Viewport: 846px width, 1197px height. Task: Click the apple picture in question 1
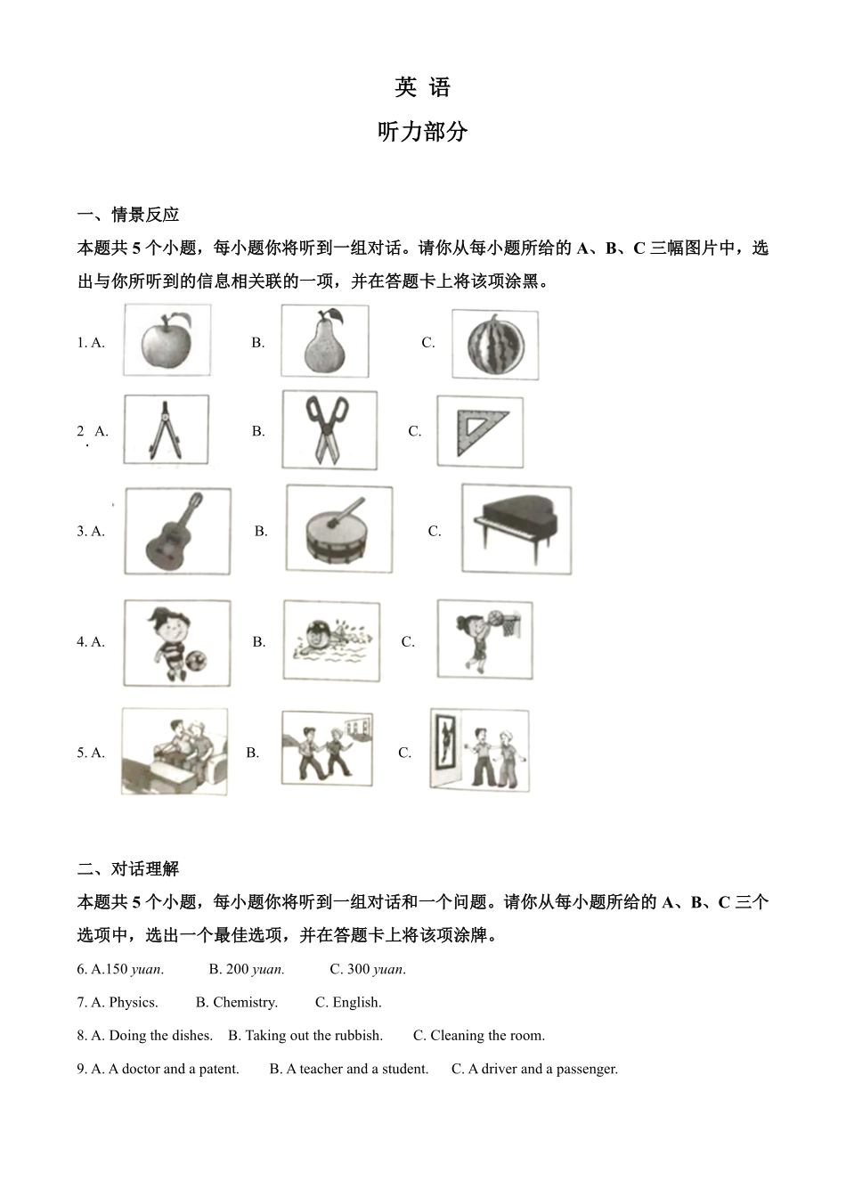(x=167, y=340)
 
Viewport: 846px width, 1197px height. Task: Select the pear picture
(x=325, y=340)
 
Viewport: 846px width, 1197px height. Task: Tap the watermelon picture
(x=495, y=346)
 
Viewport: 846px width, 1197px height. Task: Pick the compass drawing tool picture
(x=166, y=429)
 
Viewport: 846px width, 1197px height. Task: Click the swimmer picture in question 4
(x=331, y=640)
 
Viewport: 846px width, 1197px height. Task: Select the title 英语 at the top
(x=422, y=87)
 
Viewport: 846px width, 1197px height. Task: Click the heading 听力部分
(x=422, y=132)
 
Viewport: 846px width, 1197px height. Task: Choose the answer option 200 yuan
(x=247, y=969)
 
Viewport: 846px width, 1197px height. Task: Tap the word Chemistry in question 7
(x=245, y=1003)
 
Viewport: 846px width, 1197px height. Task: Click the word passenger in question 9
(x=587, y=1070)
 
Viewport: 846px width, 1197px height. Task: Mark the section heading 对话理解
(x=145, y=869)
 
